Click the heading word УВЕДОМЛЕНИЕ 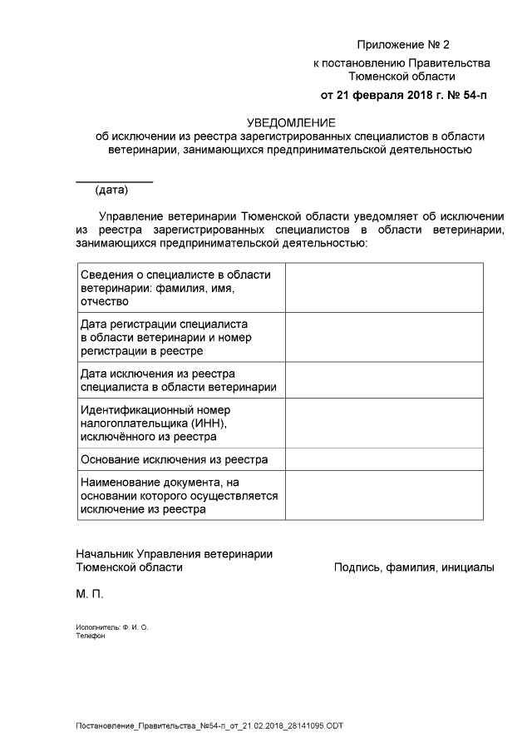(290, 121)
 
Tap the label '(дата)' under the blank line (112, 190)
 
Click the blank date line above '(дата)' (115, 181)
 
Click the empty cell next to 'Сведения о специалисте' (384, 288)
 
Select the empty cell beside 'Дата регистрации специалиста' (384, 337)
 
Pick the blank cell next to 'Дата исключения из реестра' (384, 379)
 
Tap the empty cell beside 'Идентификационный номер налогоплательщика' (384, 423)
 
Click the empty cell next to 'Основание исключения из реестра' (384, 459)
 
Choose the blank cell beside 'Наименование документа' (384, 495)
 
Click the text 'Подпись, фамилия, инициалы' (414, 567)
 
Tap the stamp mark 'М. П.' (90, 596)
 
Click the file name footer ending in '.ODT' (209, 726)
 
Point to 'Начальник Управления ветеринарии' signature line (174, 553)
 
